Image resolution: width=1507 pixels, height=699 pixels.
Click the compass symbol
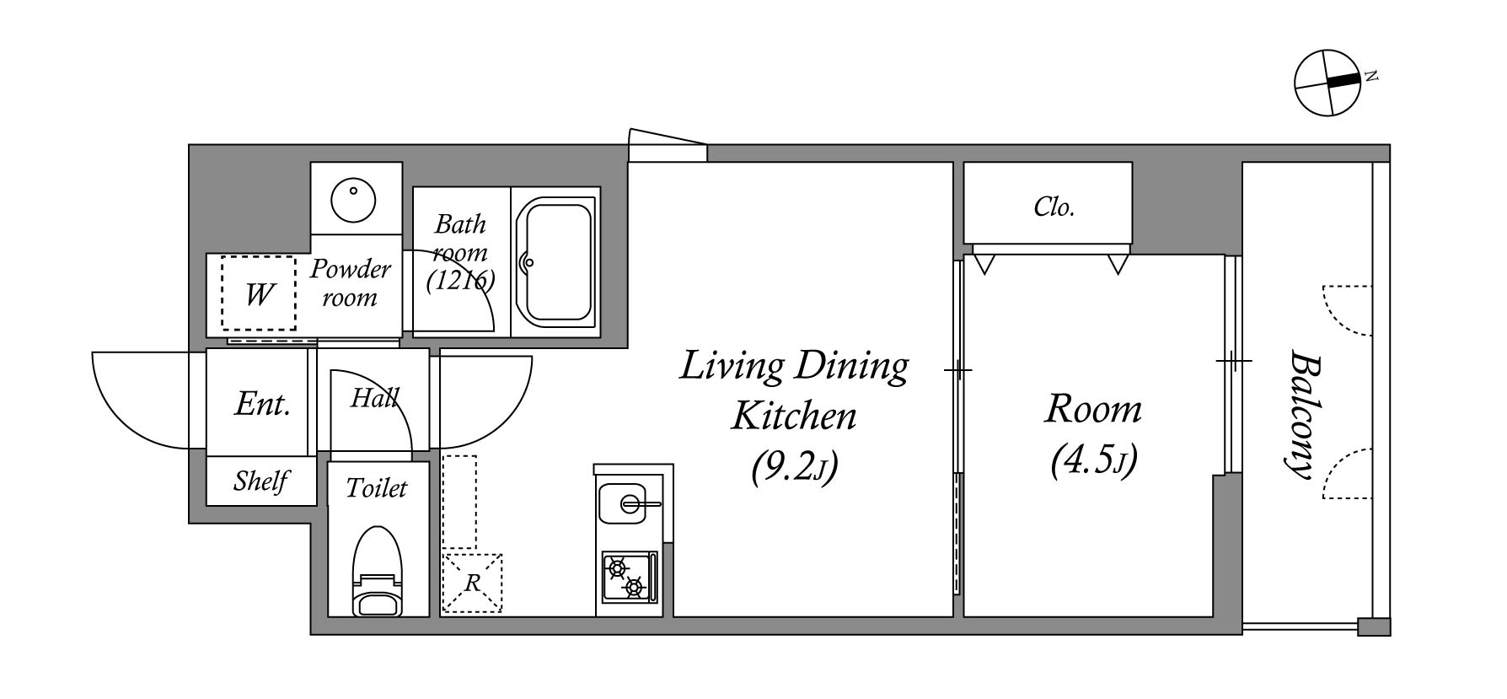pos(1327,83)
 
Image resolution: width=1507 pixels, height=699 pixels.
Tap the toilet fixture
pos(378,571)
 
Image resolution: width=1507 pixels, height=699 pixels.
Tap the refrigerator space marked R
pos(472,583)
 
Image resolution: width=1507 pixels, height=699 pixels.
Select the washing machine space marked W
pos(259,293)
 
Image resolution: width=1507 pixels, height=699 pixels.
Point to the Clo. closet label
pos(1054,207)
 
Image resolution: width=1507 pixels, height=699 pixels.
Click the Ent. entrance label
pos(262,404)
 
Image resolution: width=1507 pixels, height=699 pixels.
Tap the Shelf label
pos(261,481)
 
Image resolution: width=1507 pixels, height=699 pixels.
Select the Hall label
pos(374,397)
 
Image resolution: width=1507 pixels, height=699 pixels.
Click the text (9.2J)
pos(794,466)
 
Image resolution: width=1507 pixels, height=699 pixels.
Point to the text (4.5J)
pos(1094,460)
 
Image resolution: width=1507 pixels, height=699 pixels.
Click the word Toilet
pos(377,488)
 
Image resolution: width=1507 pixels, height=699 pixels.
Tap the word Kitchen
pos(794,416)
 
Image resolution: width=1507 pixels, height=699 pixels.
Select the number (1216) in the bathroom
pos(460,280)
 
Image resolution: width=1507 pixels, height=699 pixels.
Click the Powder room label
pos(350,283)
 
